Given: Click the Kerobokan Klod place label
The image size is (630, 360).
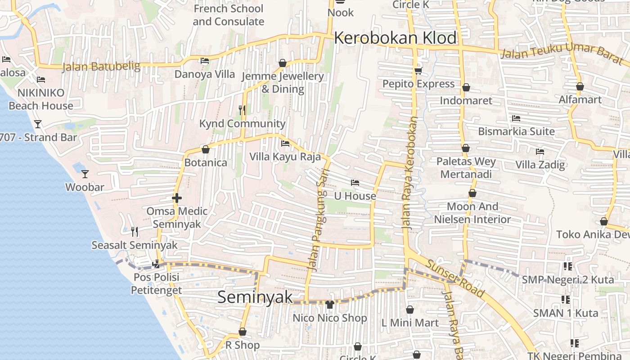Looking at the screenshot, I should (x=395, y=38).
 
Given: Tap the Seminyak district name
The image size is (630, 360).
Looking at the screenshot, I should (x=255, y=297).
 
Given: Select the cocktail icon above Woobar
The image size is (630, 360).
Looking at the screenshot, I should (x=85, y=174).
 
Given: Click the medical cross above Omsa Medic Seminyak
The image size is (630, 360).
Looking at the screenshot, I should (x=176, y=198).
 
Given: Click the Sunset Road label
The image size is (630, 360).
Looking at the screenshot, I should (x=455, y=279).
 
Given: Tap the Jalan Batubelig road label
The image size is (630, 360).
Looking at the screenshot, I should (x=101, y=67).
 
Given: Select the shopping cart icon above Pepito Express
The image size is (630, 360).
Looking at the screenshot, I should (x=418, y=71).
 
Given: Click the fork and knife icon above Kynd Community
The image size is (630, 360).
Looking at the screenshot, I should (x=242, y=110).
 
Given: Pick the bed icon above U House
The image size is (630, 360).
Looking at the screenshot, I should (x=355, y=183).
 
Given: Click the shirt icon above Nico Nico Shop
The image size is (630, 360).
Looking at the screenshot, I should (x=330, y=305).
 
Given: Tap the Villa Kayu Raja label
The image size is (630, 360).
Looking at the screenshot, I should (x=285, y=157).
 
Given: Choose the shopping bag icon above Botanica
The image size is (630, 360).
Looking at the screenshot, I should (x=206, y=149).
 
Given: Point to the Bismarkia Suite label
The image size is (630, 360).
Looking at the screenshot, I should (x=516, y=131).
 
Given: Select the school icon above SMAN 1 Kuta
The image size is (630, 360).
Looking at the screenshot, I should (x=566, y=300).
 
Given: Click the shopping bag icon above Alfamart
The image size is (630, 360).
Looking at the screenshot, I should (x=580, y=86).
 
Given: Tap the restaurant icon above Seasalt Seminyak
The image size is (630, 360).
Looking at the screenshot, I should (x=134, y=232).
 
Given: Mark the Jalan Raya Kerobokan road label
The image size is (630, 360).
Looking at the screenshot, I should (x=410, y=173).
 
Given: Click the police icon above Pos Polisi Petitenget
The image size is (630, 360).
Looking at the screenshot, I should (x=156, y=264).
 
